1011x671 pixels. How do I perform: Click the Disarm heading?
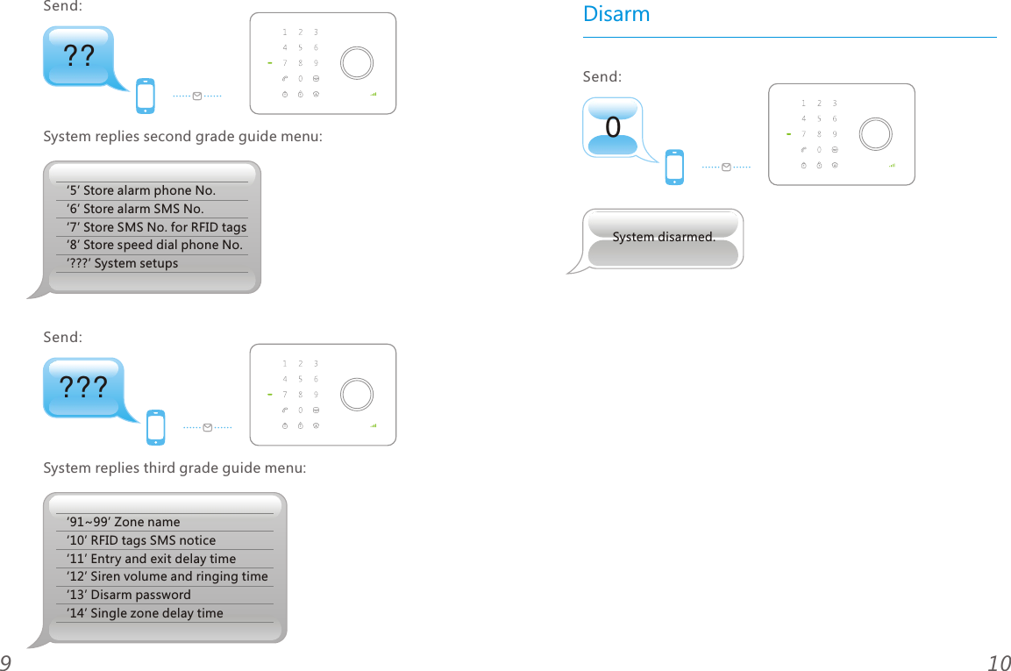click(x=616, y=15)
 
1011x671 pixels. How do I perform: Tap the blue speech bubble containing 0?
click(x=613, y=127)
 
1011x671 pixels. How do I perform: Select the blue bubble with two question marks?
click(x=79, y=56)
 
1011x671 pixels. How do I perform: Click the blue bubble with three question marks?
click(x=83, y=387)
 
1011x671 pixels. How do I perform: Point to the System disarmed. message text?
click(x=663, y=237)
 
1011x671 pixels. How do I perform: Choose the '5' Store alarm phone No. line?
click(x=140, y=190)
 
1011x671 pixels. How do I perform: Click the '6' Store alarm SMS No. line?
click(x=134, y=209)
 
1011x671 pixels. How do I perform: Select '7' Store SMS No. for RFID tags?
click(x=156, y=227)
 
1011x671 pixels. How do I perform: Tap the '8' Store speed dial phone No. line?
click(x=153, y=245)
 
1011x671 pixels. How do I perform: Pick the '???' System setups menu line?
click(x=122, y=263)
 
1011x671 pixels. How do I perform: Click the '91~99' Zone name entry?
click(x=123, y=522)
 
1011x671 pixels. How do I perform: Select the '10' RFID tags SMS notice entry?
click(x=140, y=540)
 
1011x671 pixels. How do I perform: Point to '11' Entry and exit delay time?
click(x=151, y=559)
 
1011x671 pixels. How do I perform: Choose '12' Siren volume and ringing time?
click(x=167, y=576)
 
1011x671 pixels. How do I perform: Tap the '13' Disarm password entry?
click(x=128, y=595)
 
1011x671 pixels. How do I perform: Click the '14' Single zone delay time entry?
click(x=145, y=613)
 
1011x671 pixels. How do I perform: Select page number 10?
click(x=998, y=663)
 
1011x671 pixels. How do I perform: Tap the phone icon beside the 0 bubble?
click(x=673, y=168)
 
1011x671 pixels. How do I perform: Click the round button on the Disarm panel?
click(x=875, y=134)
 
